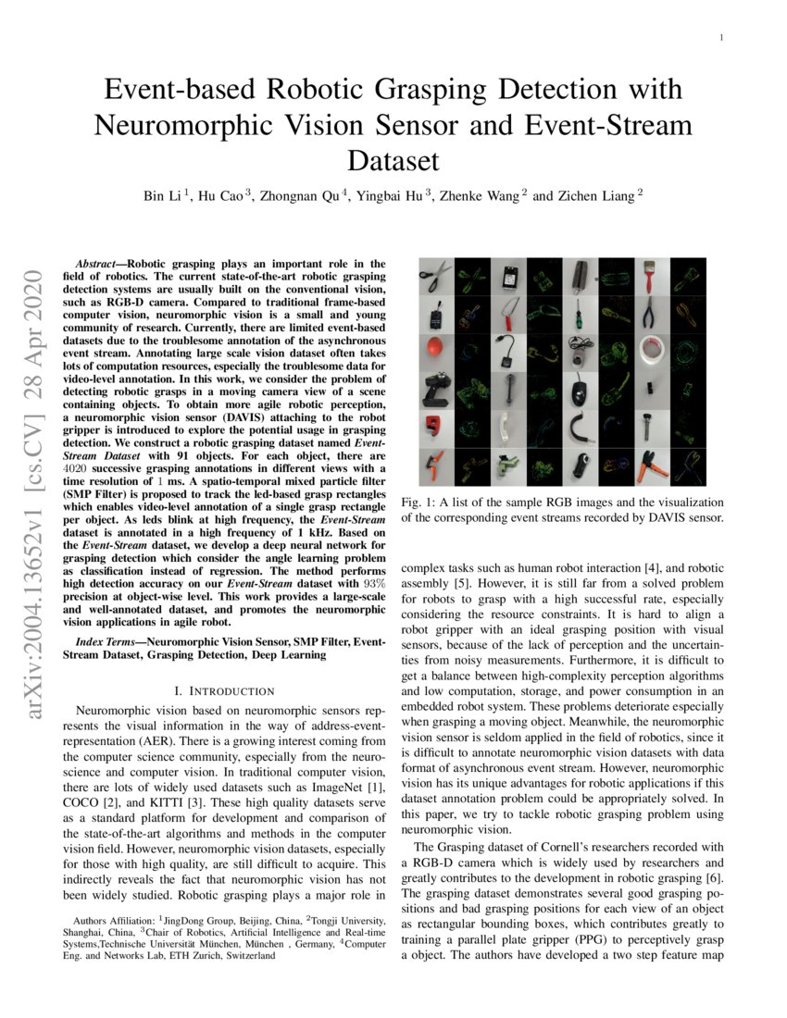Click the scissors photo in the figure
click(x=436, y=276)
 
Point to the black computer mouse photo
click(x=579, y=391)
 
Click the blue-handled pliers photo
click(x=648, y=315)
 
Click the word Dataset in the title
click(x=393, y=161)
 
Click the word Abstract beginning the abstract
click(x=102, y=265)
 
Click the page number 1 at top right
click(x=720, y=38)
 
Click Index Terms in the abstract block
click(x=103, y=640)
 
